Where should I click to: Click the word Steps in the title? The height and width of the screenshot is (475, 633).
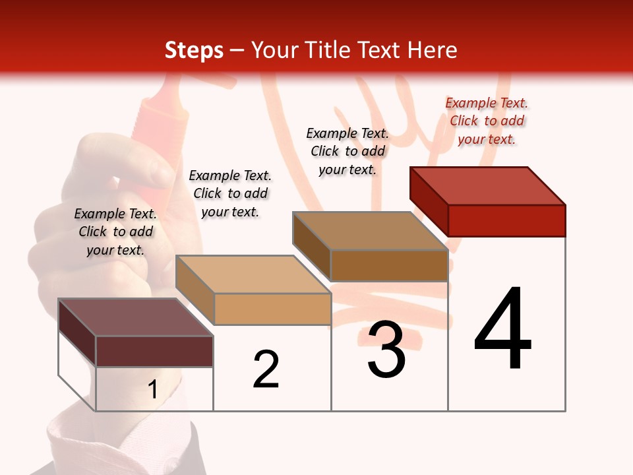click(194, 50)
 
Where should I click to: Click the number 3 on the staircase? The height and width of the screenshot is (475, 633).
click(386, 350)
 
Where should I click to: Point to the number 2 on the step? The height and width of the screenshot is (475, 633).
click(266, 369)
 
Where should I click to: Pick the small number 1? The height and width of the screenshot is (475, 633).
click(152, 389)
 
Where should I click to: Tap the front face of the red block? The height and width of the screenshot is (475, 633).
click(506, 220)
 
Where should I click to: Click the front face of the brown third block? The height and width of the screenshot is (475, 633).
click(389, 265)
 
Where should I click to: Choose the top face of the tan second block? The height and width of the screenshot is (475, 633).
click(253, 274)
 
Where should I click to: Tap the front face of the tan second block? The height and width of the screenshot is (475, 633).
click(272, 309)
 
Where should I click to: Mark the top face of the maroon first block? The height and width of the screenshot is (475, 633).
click(136, 317)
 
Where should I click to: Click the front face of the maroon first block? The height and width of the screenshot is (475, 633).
click(154, 351)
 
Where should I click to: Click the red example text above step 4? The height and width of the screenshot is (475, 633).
click(487, 121)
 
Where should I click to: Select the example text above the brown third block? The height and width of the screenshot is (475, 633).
click(347, 151)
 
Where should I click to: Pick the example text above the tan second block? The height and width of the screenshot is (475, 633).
click(230, 193)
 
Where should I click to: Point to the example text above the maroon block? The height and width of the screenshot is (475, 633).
click(115, 232)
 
